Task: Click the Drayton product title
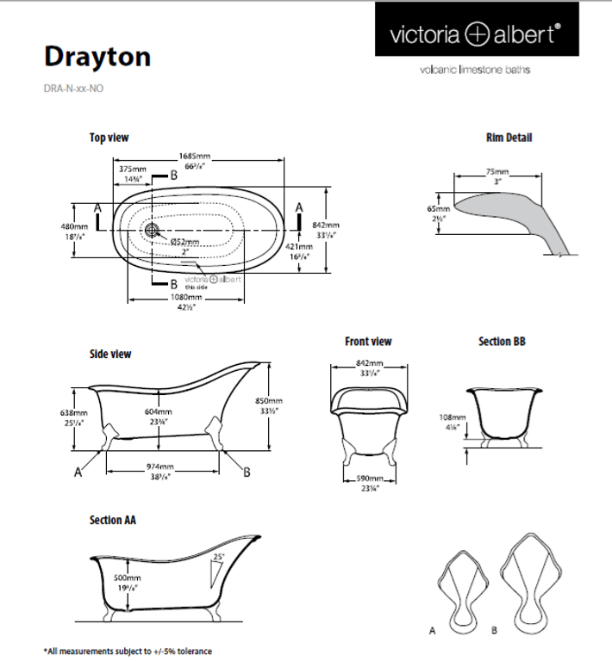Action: (x=97, y=56)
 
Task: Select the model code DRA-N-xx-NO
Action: (x=74, y=88)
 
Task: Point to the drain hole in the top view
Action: (x=153, y=230)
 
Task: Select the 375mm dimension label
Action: (x=132, y=169)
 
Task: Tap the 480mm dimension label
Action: (x=68, y=226)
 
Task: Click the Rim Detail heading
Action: (x=509, y=138)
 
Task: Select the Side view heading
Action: (x=110, y=354)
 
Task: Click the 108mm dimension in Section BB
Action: (x=452, y=417)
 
